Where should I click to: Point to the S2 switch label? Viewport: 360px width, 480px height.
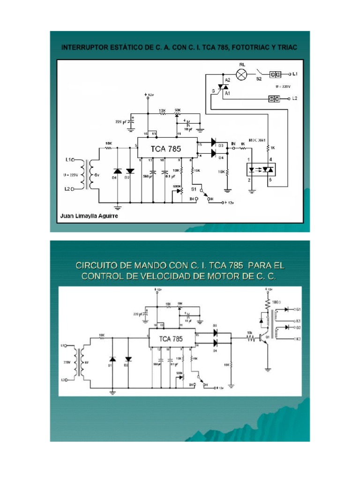(258, 80)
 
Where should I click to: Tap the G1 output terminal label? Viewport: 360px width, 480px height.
(298, 310)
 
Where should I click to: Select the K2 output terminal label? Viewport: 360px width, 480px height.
(298, 338)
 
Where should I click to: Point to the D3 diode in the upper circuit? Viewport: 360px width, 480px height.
(214, 142)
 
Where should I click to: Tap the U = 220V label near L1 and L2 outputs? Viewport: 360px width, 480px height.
(283, 87)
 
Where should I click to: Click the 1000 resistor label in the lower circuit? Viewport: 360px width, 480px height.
(276, 302)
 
